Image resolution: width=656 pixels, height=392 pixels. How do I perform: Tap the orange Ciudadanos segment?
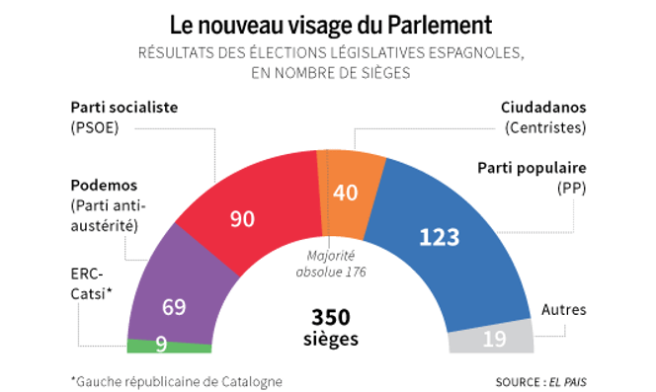pyautogui.click(x=347, y=193)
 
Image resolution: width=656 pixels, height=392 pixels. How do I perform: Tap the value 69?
pyautogui.click(x=174, y=307)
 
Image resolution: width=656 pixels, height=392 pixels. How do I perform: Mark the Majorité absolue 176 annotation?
pyautogui.click(x=329, y=263)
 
